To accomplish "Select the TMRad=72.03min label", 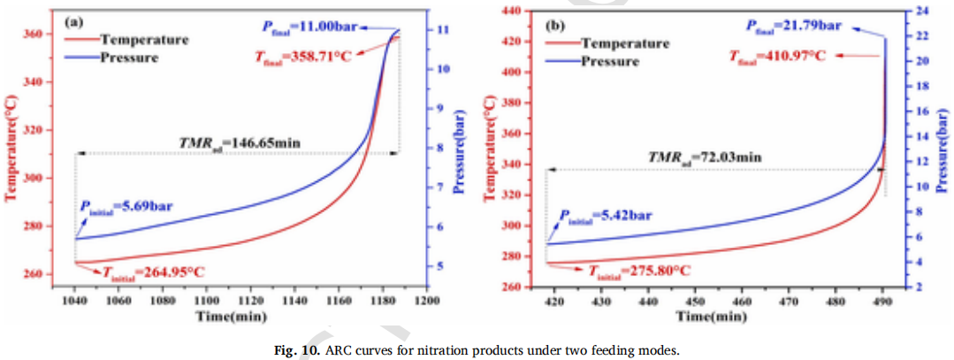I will pos(698,157).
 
